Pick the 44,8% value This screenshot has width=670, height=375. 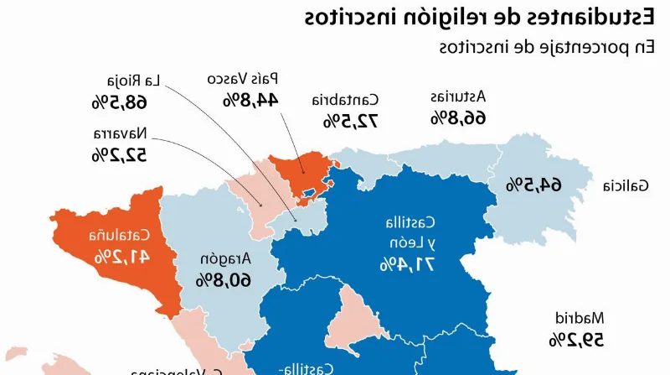250,100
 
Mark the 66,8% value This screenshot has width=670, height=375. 458,117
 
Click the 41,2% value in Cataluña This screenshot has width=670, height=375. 123,256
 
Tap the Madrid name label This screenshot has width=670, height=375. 580,318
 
